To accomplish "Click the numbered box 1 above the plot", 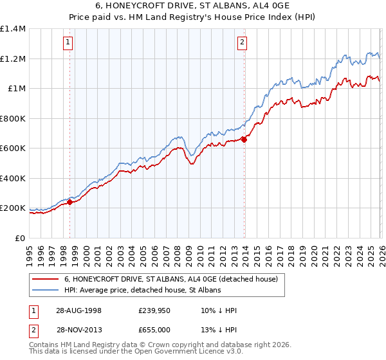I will click(x=68, y=43).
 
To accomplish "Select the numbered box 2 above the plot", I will click(x=242, y=43).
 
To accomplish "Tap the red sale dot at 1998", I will click(x=69, y=203).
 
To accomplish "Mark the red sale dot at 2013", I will click(x=244, y=139).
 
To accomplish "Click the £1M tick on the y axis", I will click(x=17, y=89).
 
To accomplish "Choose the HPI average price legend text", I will click(x=142, y=290).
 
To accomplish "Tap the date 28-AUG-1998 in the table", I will click(x=80, y=310).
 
